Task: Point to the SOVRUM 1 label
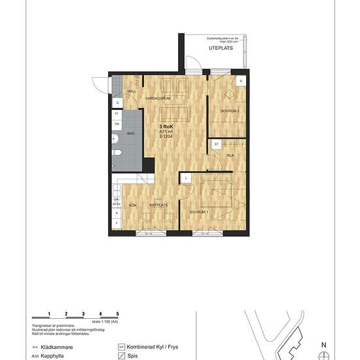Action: pos(199,213)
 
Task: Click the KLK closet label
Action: pos(230,156)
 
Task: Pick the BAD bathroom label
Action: pos(131,132)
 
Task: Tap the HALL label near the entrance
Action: pos(131,92)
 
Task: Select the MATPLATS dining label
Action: pos(158,206)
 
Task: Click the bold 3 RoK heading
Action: pos(166,126)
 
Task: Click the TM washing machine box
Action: pos(117,124)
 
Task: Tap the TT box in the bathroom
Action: pos(117,114)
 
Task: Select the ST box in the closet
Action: pos(215,143)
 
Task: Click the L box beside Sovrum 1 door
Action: pos(186,177)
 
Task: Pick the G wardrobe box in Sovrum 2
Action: pos(241,81)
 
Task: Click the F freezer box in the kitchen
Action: pos(117,223)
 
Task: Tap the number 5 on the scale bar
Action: pos(117,315)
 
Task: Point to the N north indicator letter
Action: pos(323,344)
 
